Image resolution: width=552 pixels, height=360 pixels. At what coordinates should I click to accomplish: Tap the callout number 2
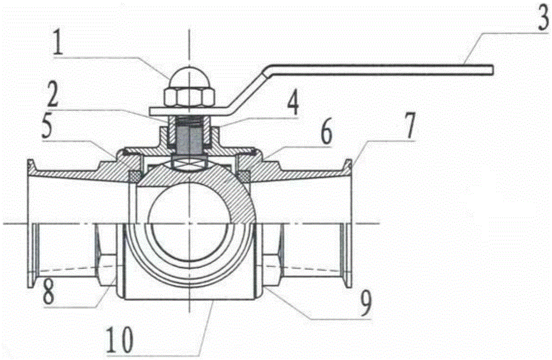tap(53, 95)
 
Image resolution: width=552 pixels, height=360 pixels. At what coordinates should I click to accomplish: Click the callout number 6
tap(326, 133)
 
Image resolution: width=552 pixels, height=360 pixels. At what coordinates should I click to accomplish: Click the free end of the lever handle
tap(492, 70)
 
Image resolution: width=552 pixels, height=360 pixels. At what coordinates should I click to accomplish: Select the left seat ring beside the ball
tap(135, 176)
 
